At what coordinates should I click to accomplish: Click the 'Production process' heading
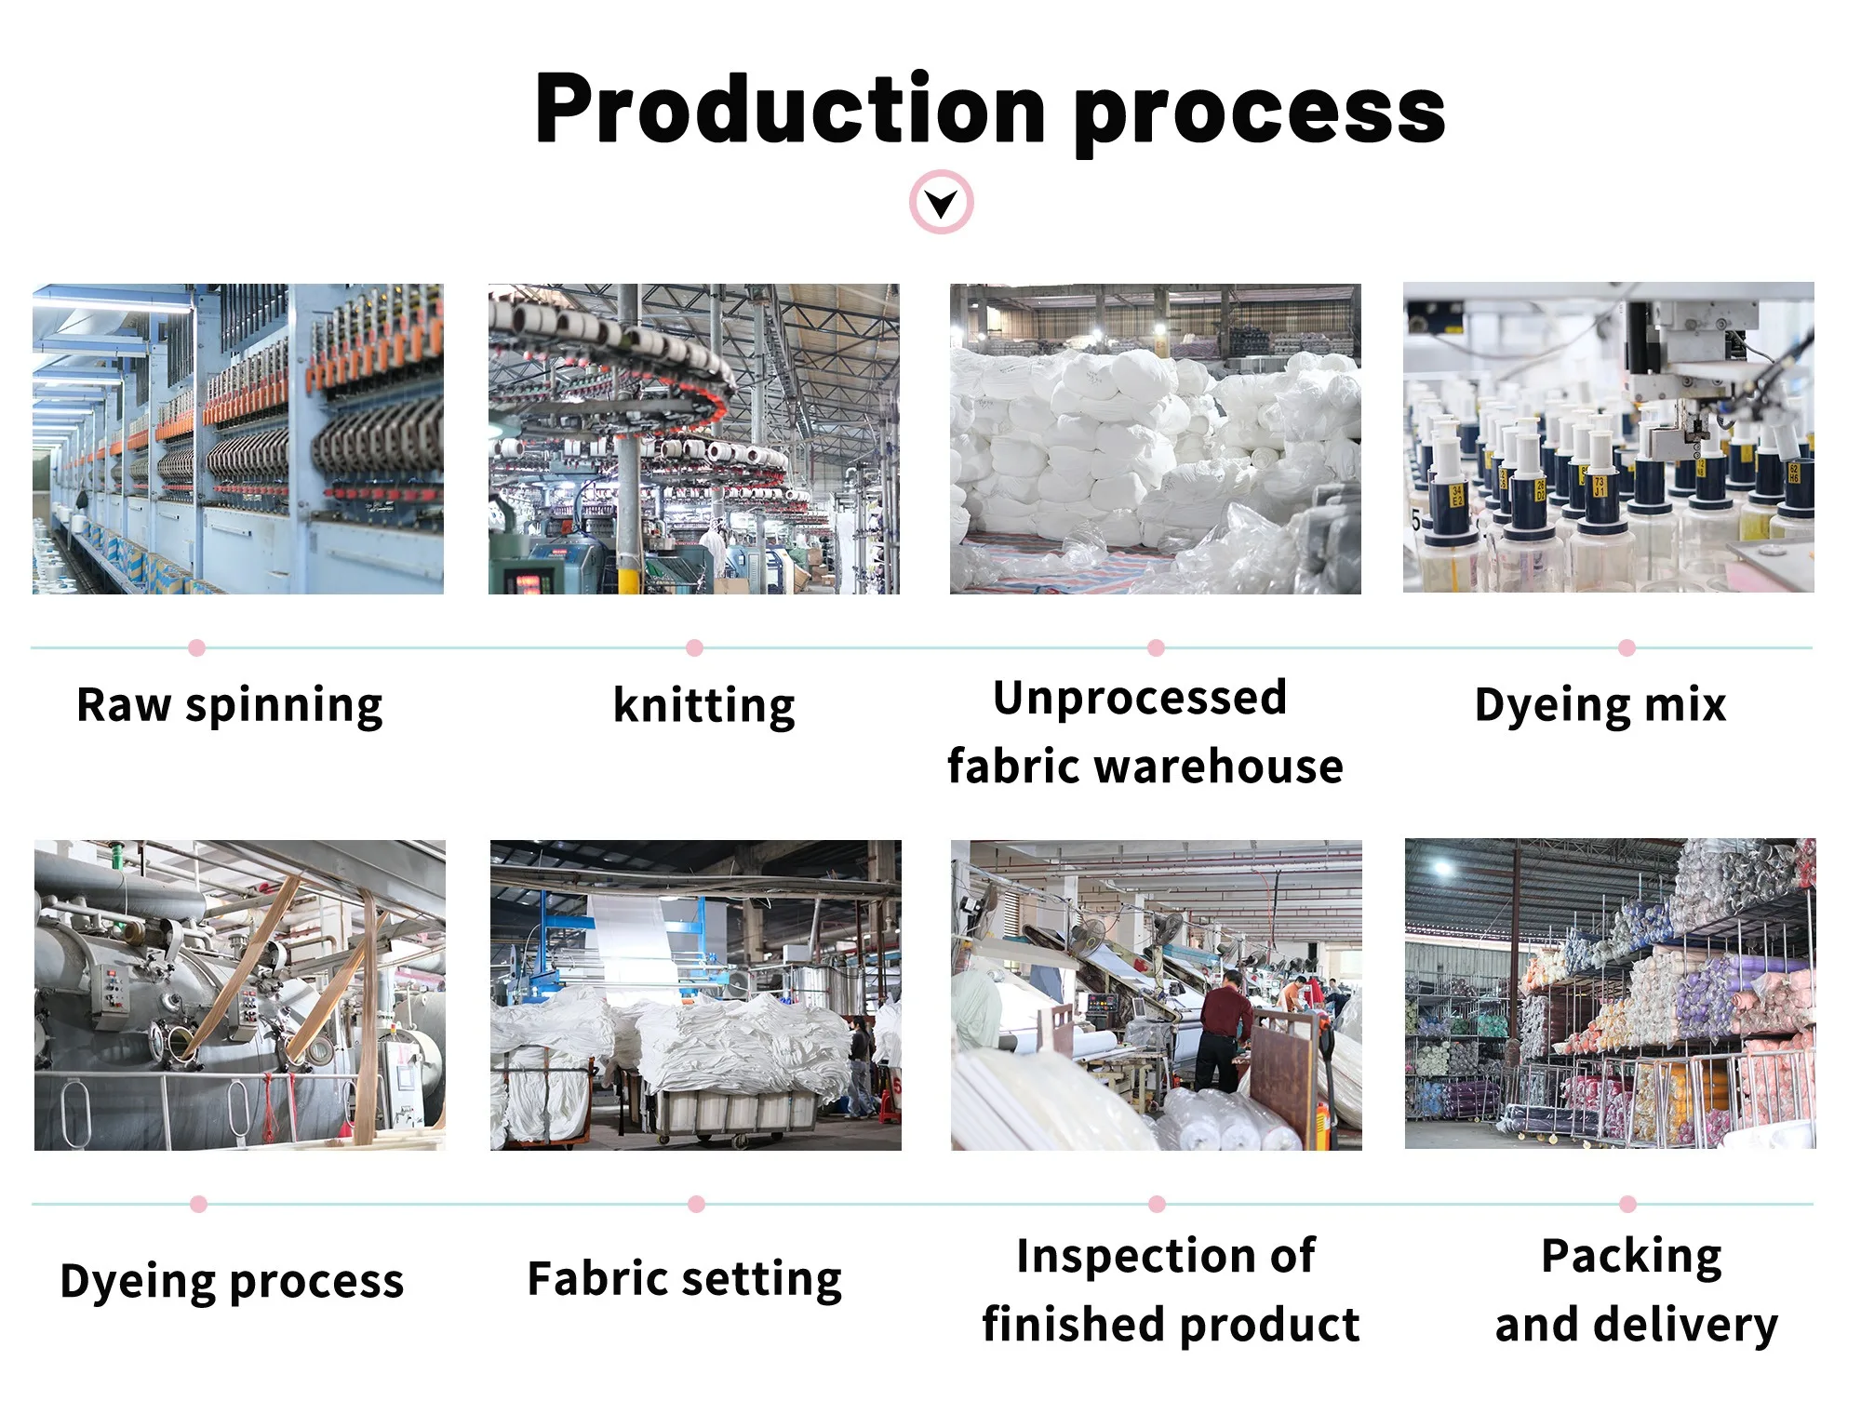(989, 110)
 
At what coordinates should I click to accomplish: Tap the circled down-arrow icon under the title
(942, 202)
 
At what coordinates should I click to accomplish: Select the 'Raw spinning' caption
(230, 705)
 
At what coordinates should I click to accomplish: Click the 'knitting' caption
(704, 705)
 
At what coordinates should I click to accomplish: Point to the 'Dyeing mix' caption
(1600, 705)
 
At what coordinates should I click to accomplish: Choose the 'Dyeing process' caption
(232, 1281)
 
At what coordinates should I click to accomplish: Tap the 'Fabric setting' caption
(685, 1279)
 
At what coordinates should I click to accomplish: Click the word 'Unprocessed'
(1140, 698)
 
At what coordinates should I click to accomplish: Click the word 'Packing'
(1631, 1256)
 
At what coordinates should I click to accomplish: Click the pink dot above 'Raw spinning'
(196, 647)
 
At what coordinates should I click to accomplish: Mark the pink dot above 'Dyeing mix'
(1627, 647)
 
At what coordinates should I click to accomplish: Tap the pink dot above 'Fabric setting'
(696, 1204)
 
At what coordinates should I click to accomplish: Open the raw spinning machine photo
(238, 439)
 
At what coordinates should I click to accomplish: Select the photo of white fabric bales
(1155, 439)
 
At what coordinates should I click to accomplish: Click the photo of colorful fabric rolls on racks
(1610, 994)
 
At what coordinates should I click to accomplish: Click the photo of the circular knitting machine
(694, 439)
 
